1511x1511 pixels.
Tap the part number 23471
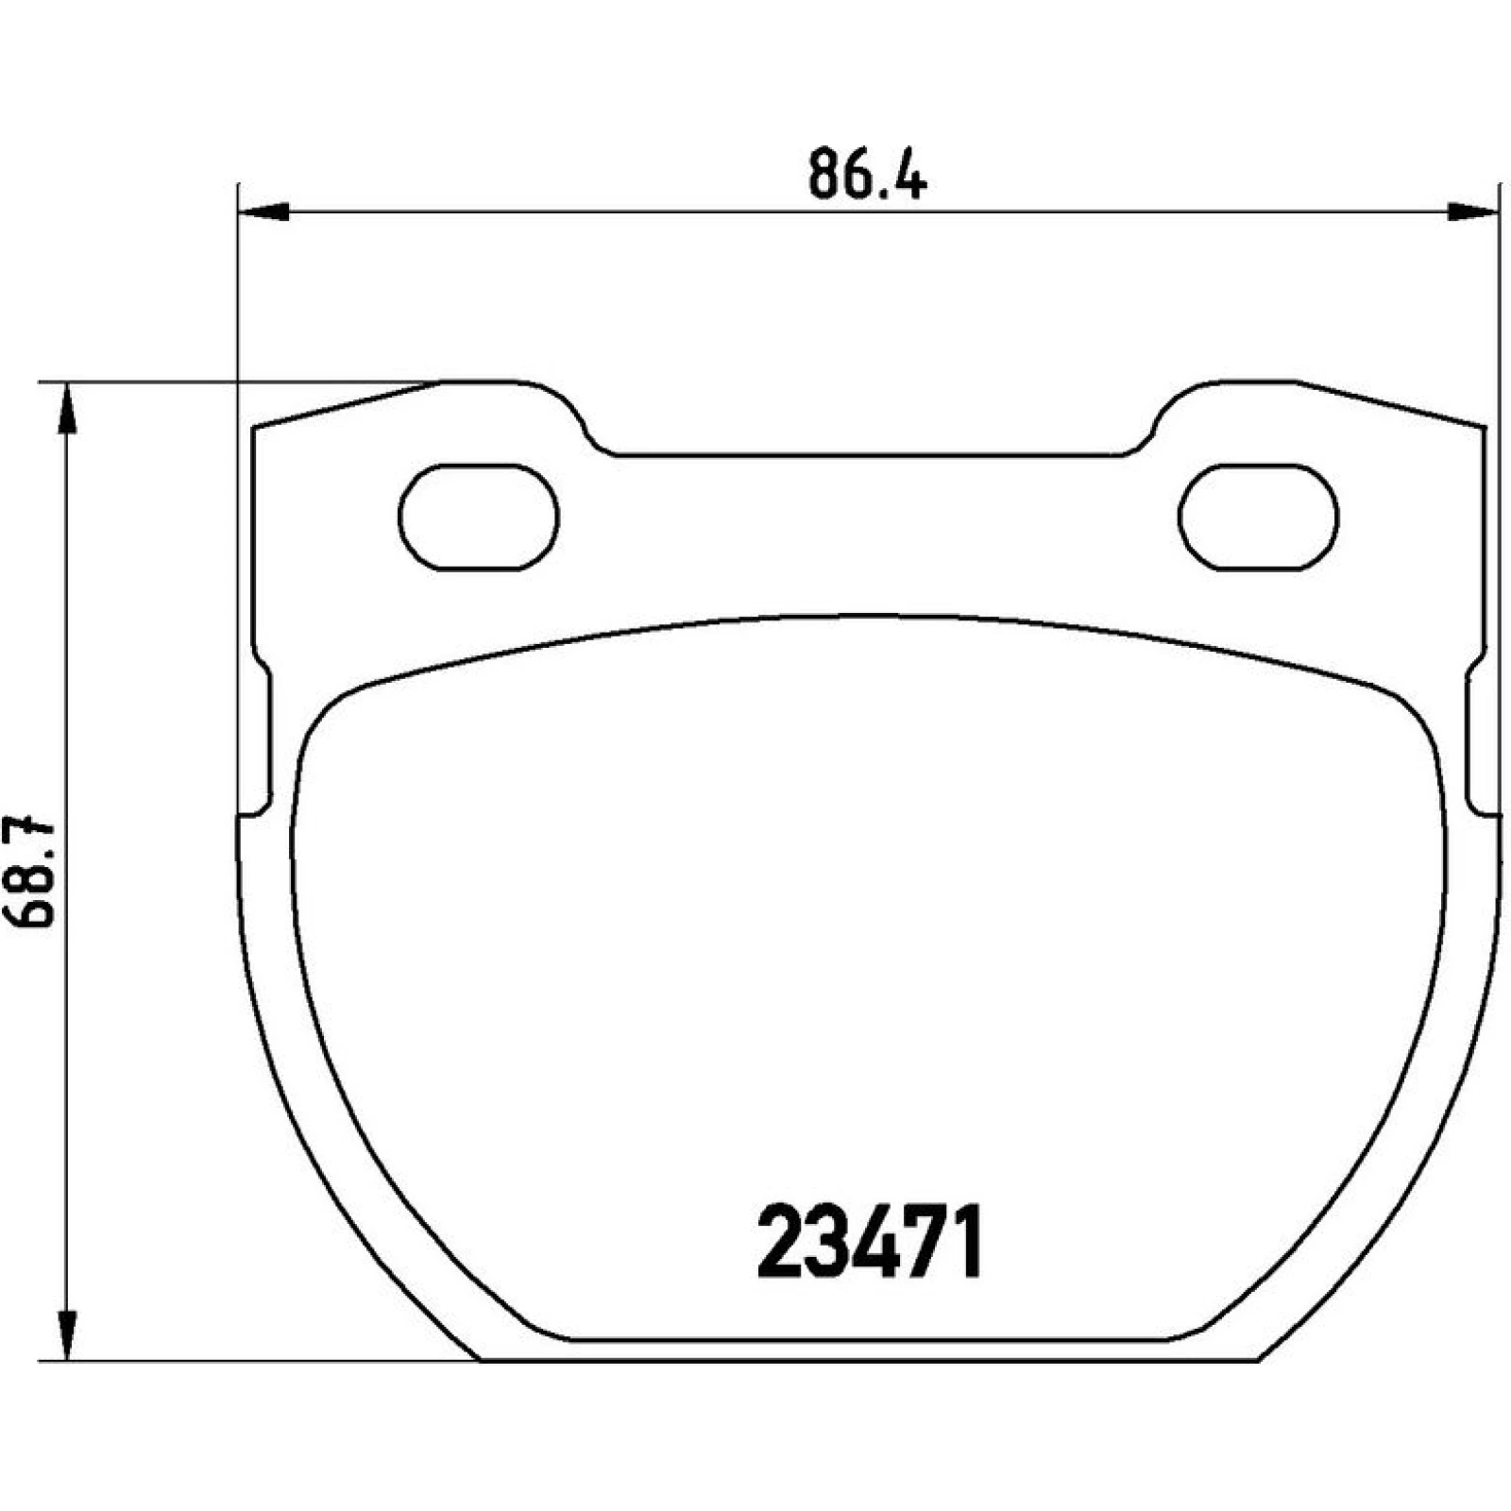tap(870, 1241)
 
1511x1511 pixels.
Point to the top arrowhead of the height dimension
tap(66, 408)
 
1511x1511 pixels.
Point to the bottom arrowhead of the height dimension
tap(66, 1334)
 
